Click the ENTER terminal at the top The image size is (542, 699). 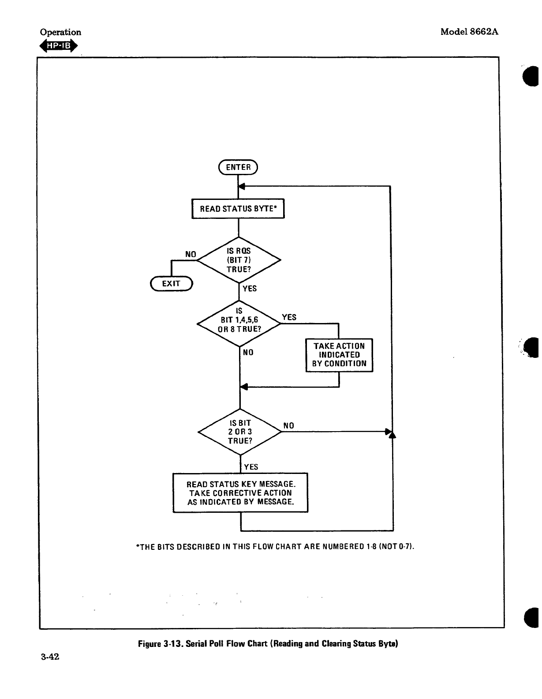(238, 167)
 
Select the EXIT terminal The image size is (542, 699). (171, 283)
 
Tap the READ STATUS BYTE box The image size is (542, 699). (238, 209)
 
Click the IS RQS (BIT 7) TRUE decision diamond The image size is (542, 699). (239, 260)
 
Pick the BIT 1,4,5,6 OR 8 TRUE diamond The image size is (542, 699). (239, 323)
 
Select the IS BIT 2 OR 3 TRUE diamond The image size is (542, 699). (240, 432)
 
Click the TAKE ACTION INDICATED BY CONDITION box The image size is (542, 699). (339, 355)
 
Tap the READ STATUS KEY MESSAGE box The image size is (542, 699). (240, 492)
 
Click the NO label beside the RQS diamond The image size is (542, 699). (191, 254)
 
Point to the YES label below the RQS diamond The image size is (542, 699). (250, 289)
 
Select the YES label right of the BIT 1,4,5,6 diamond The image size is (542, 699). (289, 317)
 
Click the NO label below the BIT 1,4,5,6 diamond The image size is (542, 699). (248, 352)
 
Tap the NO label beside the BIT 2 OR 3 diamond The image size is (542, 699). (288, 425)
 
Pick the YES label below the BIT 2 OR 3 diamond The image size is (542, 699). (251, 467)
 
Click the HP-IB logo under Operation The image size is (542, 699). (59, 46)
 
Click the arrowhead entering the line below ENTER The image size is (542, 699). (242, 186)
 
